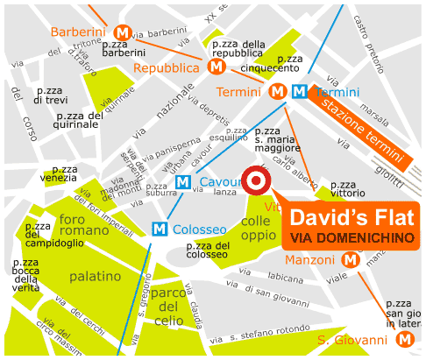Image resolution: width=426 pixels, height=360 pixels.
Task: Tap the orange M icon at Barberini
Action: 123,32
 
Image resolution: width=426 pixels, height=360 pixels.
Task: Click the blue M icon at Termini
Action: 299,91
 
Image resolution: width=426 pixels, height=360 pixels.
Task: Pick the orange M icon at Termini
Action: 278,91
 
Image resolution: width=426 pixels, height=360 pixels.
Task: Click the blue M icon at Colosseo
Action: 160,229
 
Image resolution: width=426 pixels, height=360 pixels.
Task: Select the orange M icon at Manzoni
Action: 351,259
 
